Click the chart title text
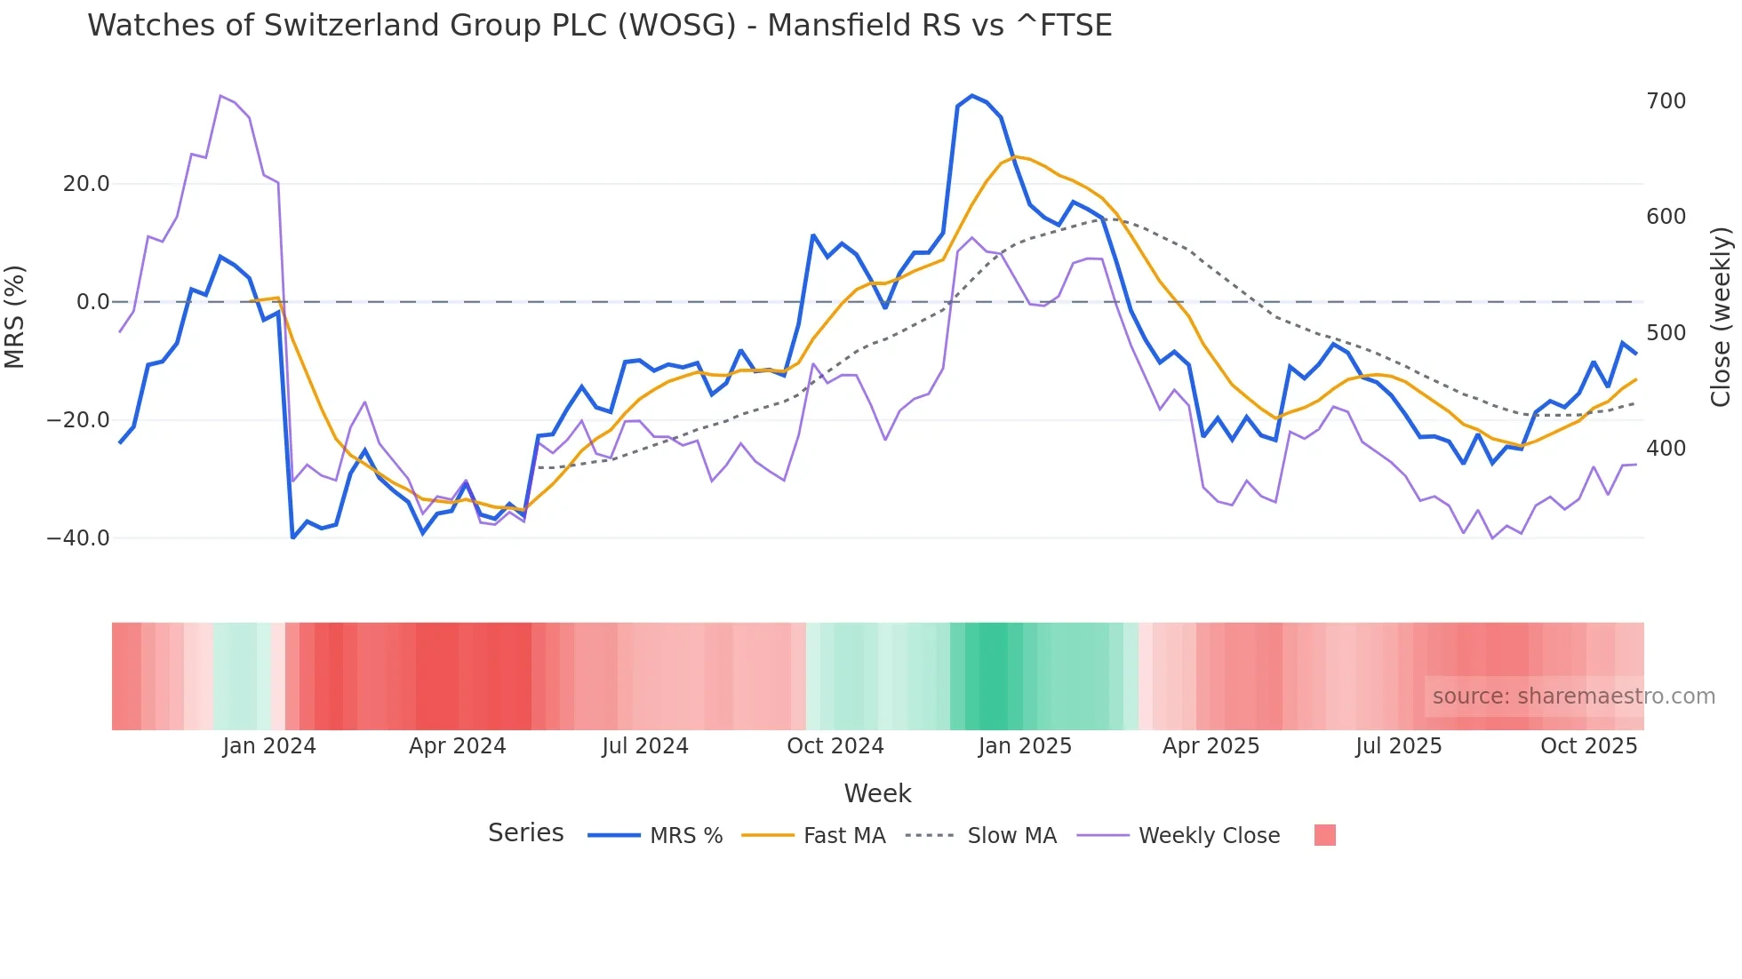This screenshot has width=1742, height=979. tap(599, 26)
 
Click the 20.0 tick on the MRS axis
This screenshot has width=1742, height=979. tap(85, 184)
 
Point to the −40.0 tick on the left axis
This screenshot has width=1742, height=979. tap(78, 538)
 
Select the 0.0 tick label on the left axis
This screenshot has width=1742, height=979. tap(92, 302)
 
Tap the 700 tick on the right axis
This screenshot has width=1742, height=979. tap(1666, 101)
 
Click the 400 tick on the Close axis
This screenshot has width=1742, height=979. tap(1666, 449)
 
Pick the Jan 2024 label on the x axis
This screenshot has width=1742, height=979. tap(269, 746)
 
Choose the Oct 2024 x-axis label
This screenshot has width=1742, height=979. tap(835, 746)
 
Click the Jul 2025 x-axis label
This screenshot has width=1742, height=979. tap(1398, 746)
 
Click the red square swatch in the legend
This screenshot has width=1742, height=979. tap(1324, 835)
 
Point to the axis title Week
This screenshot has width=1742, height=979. tap(877, 793)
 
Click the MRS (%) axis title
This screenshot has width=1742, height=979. tap(15, 316)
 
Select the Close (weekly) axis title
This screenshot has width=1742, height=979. tap(1721, 316)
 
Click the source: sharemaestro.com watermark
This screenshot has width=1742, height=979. tap(1573, 696)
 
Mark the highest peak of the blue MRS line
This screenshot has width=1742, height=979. tap(972, 96)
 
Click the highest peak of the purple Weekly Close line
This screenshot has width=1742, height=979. tap(220, 96)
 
